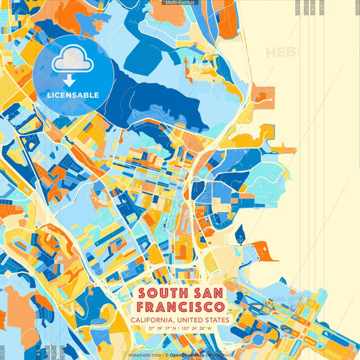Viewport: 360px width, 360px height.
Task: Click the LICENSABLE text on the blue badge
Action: [72, 95]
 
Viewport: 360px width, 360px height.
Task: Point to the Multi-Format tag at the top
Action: [180, 3]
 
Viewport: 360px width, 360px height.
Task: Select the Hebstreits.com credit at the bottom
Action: [144, 354]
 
